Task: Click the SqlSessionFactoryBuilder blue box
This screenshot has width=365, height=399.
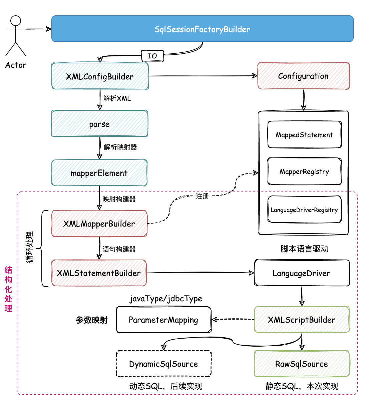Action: point(202,29)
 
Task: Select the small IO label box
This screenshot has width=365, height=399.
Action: point(152,56)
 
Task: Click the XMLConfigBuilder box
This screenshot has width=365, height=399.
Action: point(100,76)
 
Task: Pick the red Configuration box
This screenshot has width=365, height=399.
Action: point(303,76)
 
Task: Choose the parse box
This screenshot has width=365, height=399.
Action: point(99,124)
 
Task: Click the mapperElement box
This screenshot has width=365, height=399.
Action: point(99,173)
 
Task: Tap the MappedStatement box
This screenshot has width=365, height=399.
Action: point(304,135)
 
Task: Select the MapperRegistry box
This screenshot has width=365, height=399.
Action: point(304,171)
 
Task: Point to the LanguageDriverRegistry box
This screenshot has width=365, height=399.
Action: point(304,210)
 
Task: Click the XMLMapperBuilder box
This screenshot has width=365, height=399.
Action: point(99,224)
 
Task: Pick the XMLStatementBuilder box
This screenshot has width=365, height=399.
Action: point(99,273)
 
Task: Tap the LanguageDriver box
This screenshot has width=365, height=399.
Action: point(302,273)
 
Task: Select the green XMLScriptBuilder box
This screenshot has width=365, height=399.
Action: point(302,320)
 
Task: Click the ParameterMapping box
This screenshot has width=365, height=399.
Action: point(163,320)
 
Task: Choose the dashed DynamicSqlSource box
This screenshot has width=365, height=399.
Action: point(163,364)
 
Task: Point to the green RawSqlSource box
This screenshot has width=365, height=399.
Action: point(302,364)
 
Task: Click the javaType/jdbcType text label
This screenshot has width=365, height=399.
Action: point(166,298)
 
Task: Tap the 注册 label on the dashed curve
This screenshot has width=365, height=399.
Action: point(202,196)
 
